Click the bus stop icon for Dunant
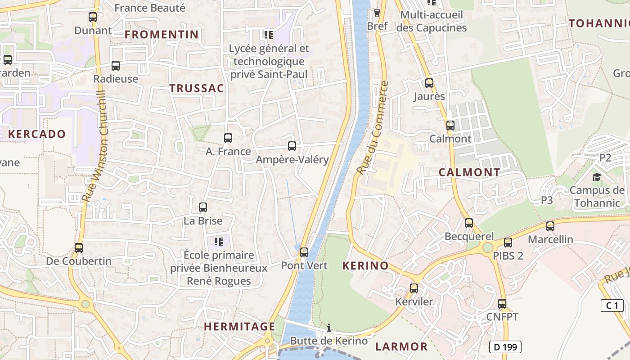(x=93, y=17)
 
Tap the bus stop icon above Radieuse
(x=116, y=66)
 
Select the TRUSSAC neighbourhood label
(x=197, y=88)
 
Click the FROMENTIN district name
(x=162, y=34)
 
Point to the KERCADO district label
(x=37, y=134)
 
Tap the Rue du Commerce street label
(x=372, y=128)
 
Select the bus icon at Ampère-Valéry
(x=292, y=146)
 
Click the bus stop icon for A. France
(x=228, y=138)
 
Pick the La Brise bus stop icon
(x=203, y=207)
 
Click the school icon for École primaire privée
(x=219, y=242)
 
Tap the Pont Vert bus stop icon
(x=304, y=252)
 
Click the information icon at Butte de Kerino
(x=329, y=328)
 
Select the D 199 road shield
(x=505, y=347)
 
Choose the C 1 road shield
(x=612, y=306)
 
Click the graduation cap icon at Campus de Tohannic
(x=597, y=177)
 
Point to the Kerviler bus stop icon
(x=414, y=288)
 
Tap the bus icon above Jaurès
(x=429, y=83)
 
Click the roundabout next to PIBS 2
(x=487, y=247)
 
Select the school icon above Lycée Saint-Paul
(x=269, y=35)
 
